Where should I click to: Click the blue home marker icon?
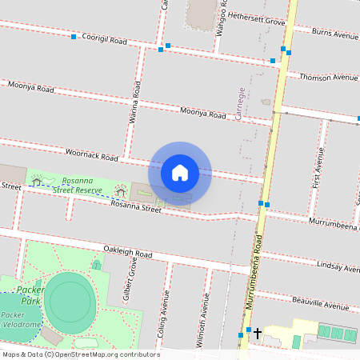click(x=180, y=172)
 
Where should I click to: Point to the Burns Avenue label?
click(x=335, y=35)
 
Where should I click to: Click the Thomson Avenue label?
click(x=329, y=78)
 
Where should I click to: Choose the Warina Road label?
click(x=136, y=107)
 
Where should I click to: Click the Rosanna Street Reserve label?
click(x=77, y=186)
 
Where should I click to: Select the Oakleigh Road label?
click(x=123, y=252)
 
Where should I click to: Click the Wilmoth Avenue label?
click(x=205, y=316)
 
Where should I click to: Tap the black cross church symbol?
click(x=258, y=331)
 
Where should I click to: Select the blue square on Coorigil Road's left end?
click(x=73, y=37)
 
